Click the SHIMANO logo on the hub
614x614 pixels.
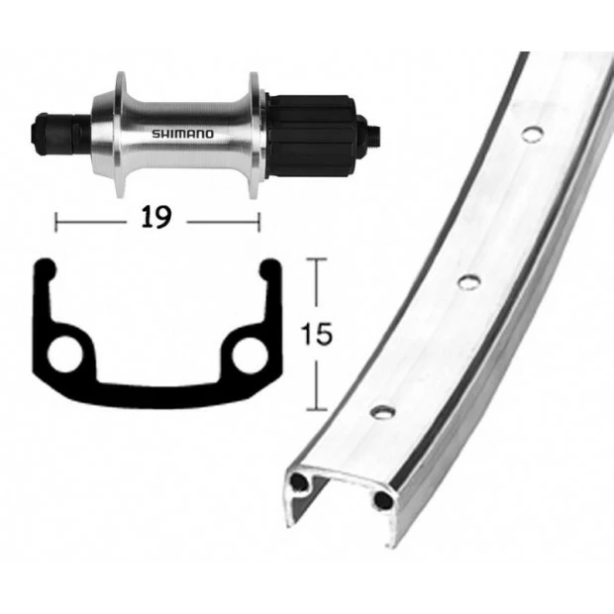(x=183, y=134)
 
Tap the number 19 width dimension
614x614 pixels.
(x=156, y=217)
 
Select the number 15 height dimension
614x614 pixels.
(x=316, y=334)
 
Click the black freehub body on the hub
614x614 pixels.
(x=311, y=136)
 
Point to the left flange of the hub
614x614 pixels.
(x=121, y=135)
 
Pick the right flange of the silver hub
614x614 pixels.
(x=255, y=136)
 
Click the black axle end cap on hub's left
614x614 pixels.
(x=41, y=134)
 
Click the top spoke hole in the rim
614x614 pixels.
(x=532, y=134)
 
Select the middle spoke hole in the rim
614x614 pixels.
(x=469, y=282)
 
